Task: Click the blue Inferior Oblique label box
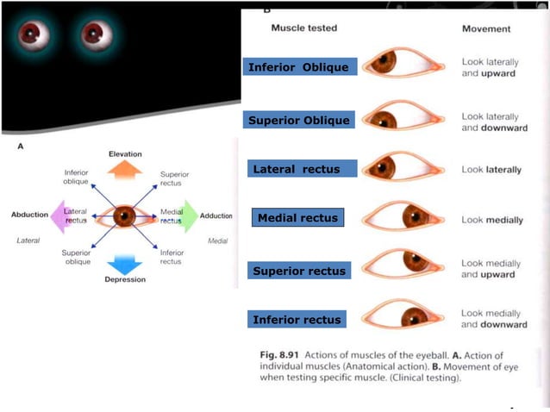pyautogui.click(x=298, y=67)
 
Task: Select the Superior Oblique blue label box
pyautogui.click(x=298, y=120)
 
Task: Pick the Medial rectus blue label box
pyautogui.click(x=298, y=218)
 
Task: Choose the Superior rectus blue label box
pyautogui.click(x=298, y=271)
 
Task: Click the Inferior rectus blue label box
pyautogui.click(x=297, y=320)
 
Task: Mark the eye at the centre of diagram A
pyautogui.click(x=126, y=215)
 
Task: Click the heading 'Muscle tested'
pyautogui.click(x=304, y=28)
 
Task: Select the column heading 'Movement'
pyautogui.click(x=486, y=28)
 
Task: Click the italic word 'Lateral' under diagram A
pyautogui.click(x=28, y=240)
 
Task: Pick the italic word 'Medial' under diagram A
pyautogui.click(x=217, y=240)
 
